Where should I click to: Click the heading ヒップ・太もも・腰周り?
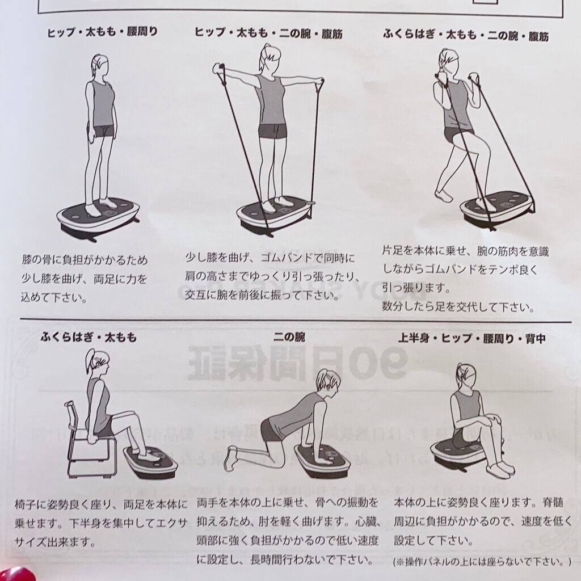click(103, 32)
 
